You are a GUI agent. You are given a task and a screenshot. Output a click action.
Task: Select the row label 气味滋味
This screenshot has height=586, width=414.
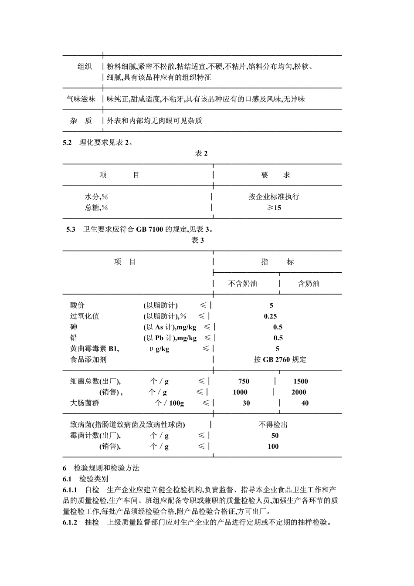point(81,99)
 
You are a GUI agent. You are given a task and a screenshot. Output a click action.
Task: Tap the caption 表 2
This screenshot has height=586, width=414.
point(201,153)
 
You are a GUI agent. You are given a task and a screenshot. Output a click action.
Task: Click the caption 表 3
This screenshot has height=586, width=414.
point(197,240)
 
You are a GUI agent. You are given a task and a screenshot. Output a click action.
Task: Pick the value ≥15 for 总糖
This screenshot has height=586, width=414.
point(274,207)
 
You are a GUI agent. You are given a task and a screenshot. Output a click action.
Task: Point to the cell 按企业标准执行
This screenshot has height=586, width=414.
point(274,196)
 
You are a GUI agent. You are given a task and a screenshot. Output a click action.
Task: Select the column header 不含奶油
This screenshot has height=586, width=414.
point(243,284)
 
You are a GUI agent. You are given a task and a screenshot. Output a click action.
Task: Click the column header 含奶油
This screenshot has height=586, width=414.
point(308,284)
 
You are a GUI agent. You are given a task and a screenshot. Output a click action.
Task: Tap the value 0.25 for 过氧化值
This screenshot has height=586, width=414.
point(270,316)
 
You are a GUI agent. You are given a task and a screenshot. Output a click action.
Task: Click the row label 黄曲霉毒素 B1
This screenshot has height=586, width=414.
point(94,349)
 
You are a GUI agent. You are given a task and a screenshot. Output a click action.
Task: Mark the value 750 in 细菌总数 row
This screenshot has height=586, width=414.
point(244,381)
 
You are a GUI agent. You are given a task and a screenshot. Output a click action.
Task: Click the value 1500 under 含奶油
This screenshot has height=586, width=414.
point(301,381)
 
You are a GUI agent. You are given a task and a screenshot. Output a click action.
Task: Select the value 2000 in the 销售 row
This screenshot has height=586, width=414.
point(299,392)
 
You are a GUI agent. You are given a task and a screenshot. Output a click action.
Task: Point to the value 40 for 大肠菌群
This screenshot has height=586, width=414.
point(305,403)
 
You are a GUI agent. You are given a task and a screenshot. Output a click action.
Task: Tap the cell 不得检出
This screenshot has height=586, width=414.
point(273,424)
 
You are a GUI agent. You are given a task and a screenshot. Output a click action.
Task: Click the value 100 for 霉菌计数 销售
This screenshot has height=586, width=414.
point(273,446)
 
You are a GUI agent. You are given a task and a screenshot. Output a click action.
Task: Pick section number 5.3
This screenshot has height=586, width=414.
point(71,229)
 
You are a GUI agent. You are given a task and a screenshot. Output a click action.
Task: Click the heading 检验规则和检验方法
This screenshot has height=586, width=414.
point(106,468)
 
